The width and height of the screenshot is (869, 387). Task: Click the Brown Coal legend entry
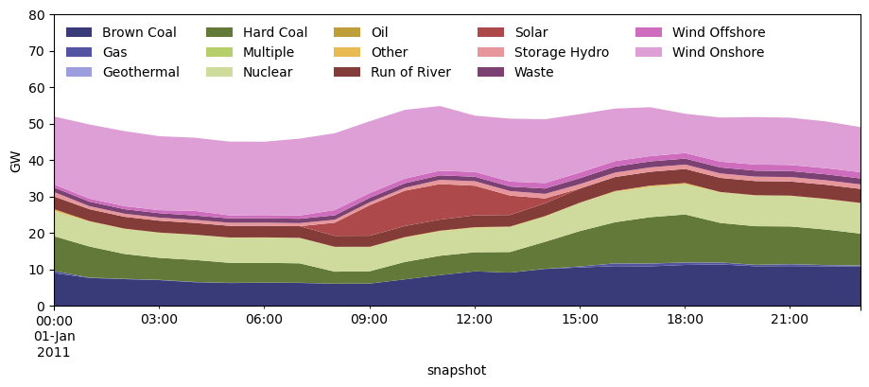tap(139, 33)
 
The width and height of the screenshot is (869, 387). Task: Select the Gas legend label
tap(114, 53)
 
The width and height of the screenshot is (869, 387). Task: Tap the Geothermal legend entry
tap(140, 73)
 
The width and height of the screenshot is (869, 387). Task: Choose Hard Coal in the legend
tap(274, 33)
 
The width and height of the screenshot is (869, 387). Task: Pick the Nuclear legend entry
tap(268, 73)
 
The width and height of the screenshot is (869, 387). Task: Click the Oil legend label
tap(379, 33)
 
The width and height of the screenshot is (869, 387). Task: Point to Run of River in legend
tap(410, 73)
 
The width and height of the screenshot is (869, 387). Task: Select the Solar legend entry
tap(530, 33)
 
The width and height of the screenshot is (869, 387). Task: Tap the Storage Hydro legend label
tap(562, 53)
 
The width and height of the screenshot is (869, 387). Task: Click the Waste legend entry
tap(533, 73)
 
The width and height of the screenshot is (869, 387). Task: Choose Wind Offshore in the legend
tap(719, 33)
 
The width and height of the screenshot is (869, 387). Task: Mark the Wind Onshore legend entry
tap(718, 53)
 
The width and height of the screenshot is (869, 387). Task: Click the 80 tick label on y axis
tap(36, 15)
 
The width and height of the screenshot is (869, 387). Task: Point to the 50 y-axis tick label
tap(36, 124)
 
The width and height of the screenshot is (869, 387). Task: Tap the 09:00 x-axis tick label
tap(369, 320)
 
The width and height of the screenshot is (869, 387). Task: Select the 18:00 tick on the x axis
tap(685, 320)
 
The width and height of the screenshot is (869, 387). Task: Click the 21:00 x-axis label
tap(790, 320)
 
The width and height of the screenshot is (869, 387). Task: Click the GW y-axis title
tap(15, 161)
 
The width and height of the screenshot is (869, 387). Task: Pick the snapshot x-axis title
tap(456, 371)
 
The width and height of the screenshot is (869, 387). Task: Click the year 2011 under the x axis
tap(54, 353)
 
